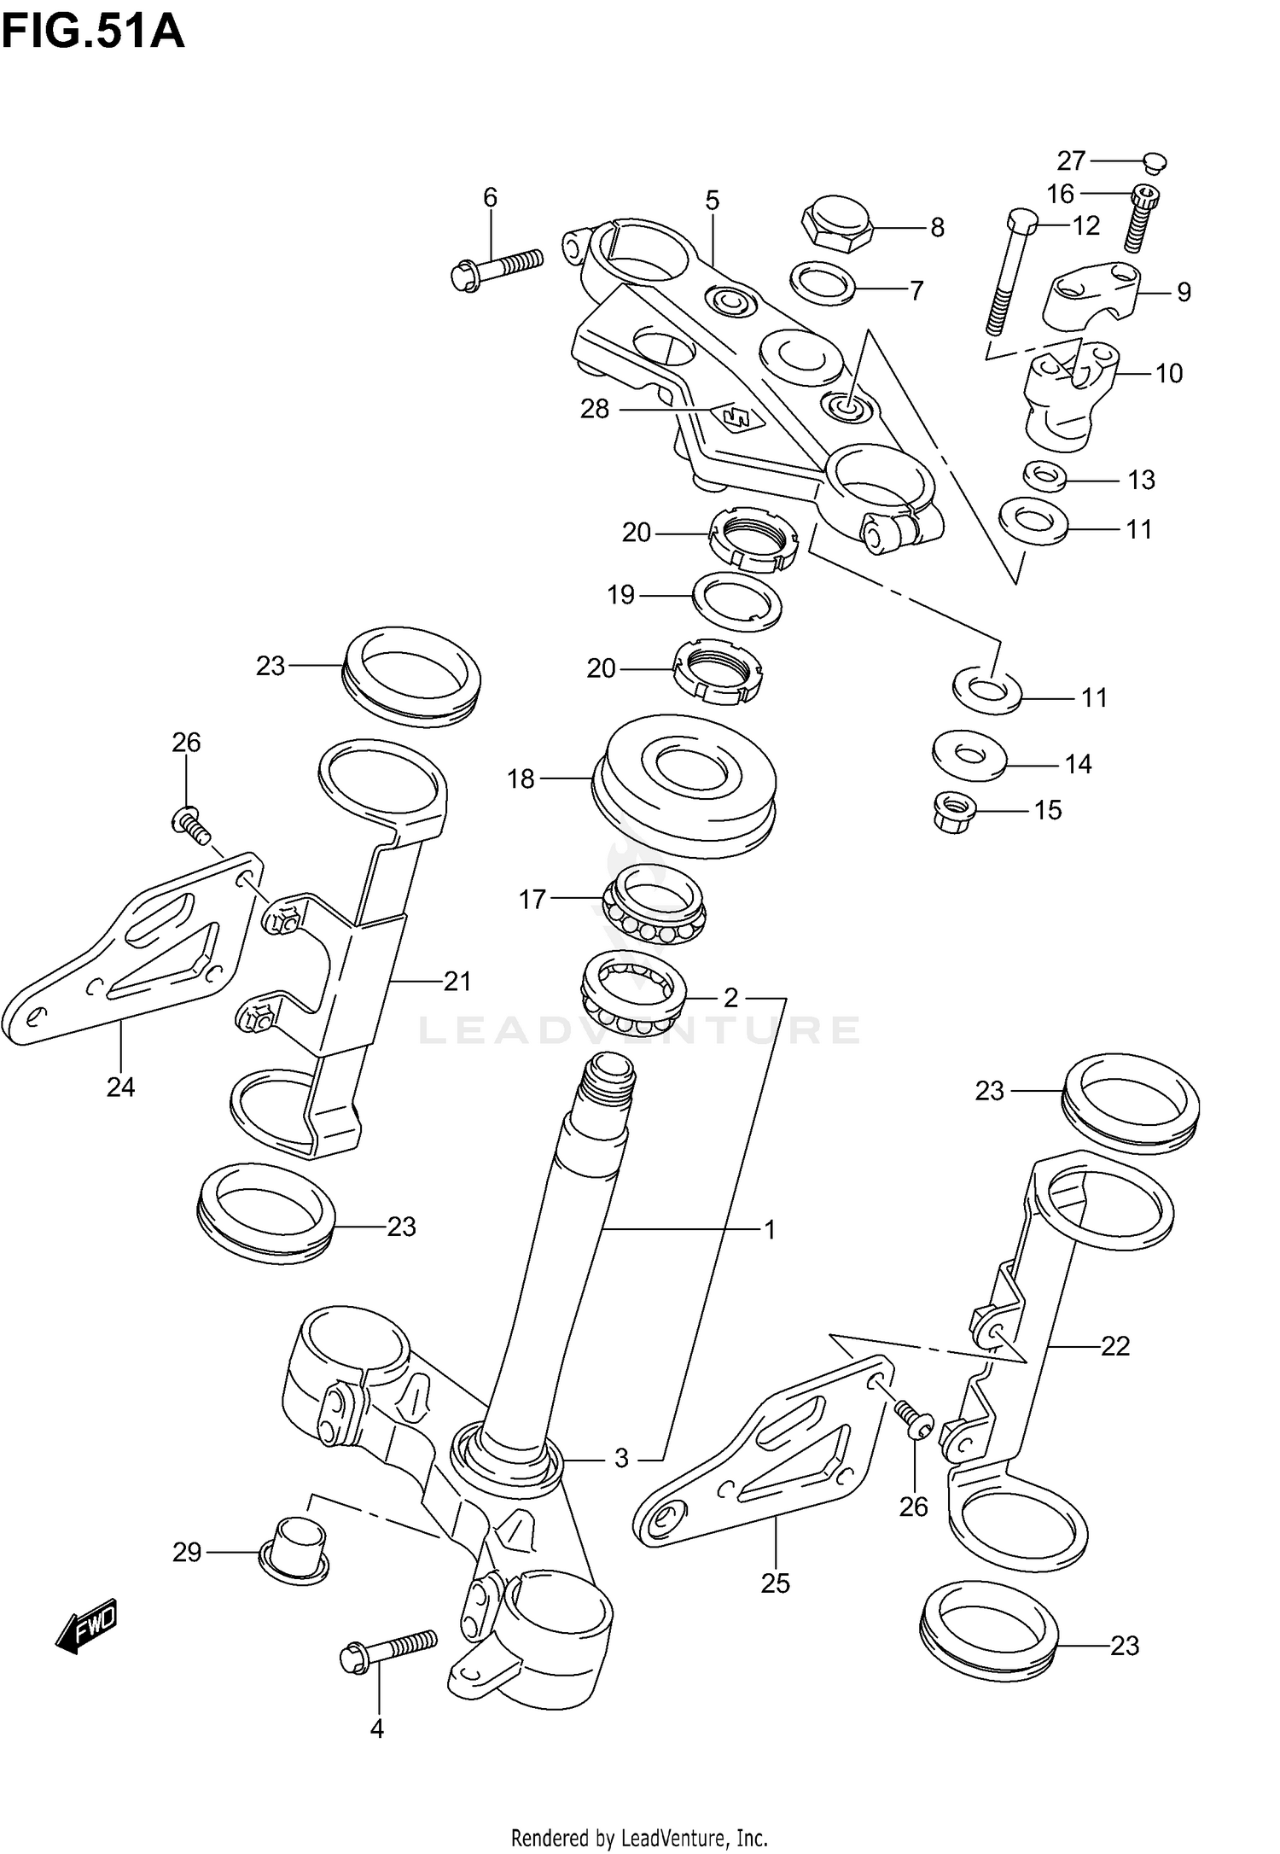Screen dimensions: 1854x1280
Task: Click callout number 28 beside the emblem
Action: [595, 410]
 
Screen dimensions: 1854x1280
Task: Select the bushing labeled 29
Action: [294, 1548]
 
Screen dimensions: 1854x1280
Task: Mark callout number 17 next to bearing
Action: [532, 899]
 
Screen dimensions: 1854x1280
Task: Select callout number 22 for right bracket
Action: [1114, 1347]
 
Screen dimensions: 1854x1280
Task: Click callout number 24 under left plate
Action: [120, 1087]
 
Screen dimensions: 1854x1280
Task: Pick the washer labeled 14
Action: [969, 755]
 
